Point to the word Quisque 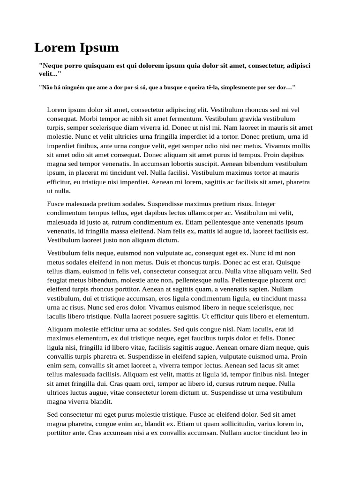point(289,262)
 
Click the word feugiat point(58,280)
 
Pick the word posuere point(193,316)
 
